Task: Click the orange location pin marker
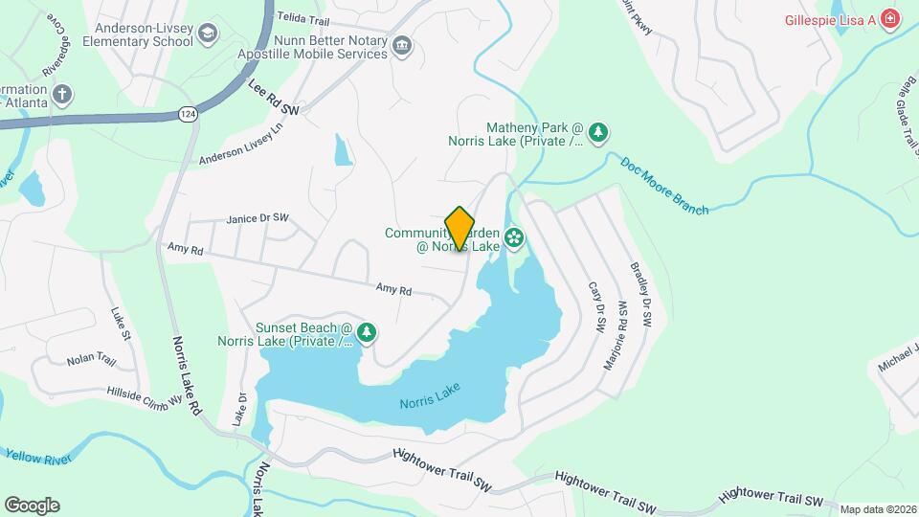tap(460, 228)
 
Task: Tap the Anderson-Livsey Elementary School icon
tap(207, 34)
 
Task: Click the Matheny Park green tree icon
tap(598, 133)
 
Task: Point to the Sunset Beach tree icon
tap(367, 332)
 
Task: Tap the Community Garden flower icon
tap(514, 236)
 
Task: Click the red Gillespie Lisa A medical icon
tap(890, 19)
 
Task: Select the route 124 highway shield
tap(188, 114)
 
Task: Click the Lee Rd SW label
tap(274, 99)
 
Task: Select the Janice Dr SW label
tap(258, 219)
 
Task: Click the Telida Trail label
tap(303, 18)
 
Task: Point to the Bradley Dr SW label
tap(640, 291)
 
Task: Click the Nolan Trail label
tap(91, 361)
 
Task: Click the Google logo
tap(32, 505)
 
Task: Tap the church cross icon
tap(62, 94)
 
